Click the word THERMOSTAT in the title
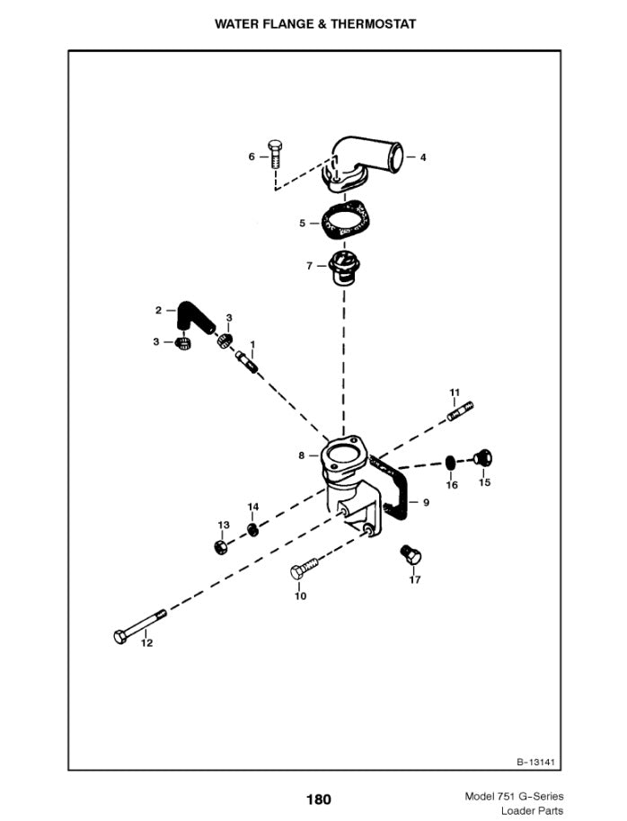pos(374,24)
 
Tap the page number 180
pos(319,799)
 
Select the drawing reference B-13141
pos(535,762)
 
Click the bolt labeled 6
pos(275,154)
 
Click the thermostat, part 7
pos(344,268)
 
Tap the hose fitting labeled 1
pos(246,361)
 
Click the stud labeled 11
pos(461,410)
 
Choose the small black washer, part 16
pos(450,463)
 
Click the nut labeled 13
pos(222,548)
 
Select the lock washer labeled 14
pos(252,529)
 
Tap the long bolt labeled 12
pos(140,626)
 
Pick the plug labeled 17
pos(411,554)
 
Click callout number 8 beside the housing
pos(302,455)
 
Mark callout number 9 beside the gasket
pos(427,503)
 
